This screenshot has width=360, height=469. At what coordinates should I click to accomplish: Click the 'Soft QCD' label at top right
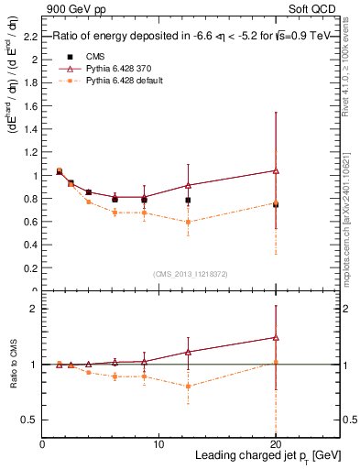point(317,8)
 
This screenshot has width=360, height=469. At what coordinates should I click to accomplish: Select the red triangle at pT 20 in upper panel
point(276,170)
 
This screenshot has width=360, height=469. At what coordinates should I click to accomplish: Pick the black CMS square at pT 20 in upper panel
point(276,204)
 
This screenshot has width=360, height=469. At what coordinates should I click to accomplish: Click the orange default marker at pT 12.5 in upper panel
point(188,222)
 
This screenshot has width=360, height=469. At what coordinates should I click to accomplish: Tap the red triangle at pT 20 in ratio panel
point(276,337)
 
